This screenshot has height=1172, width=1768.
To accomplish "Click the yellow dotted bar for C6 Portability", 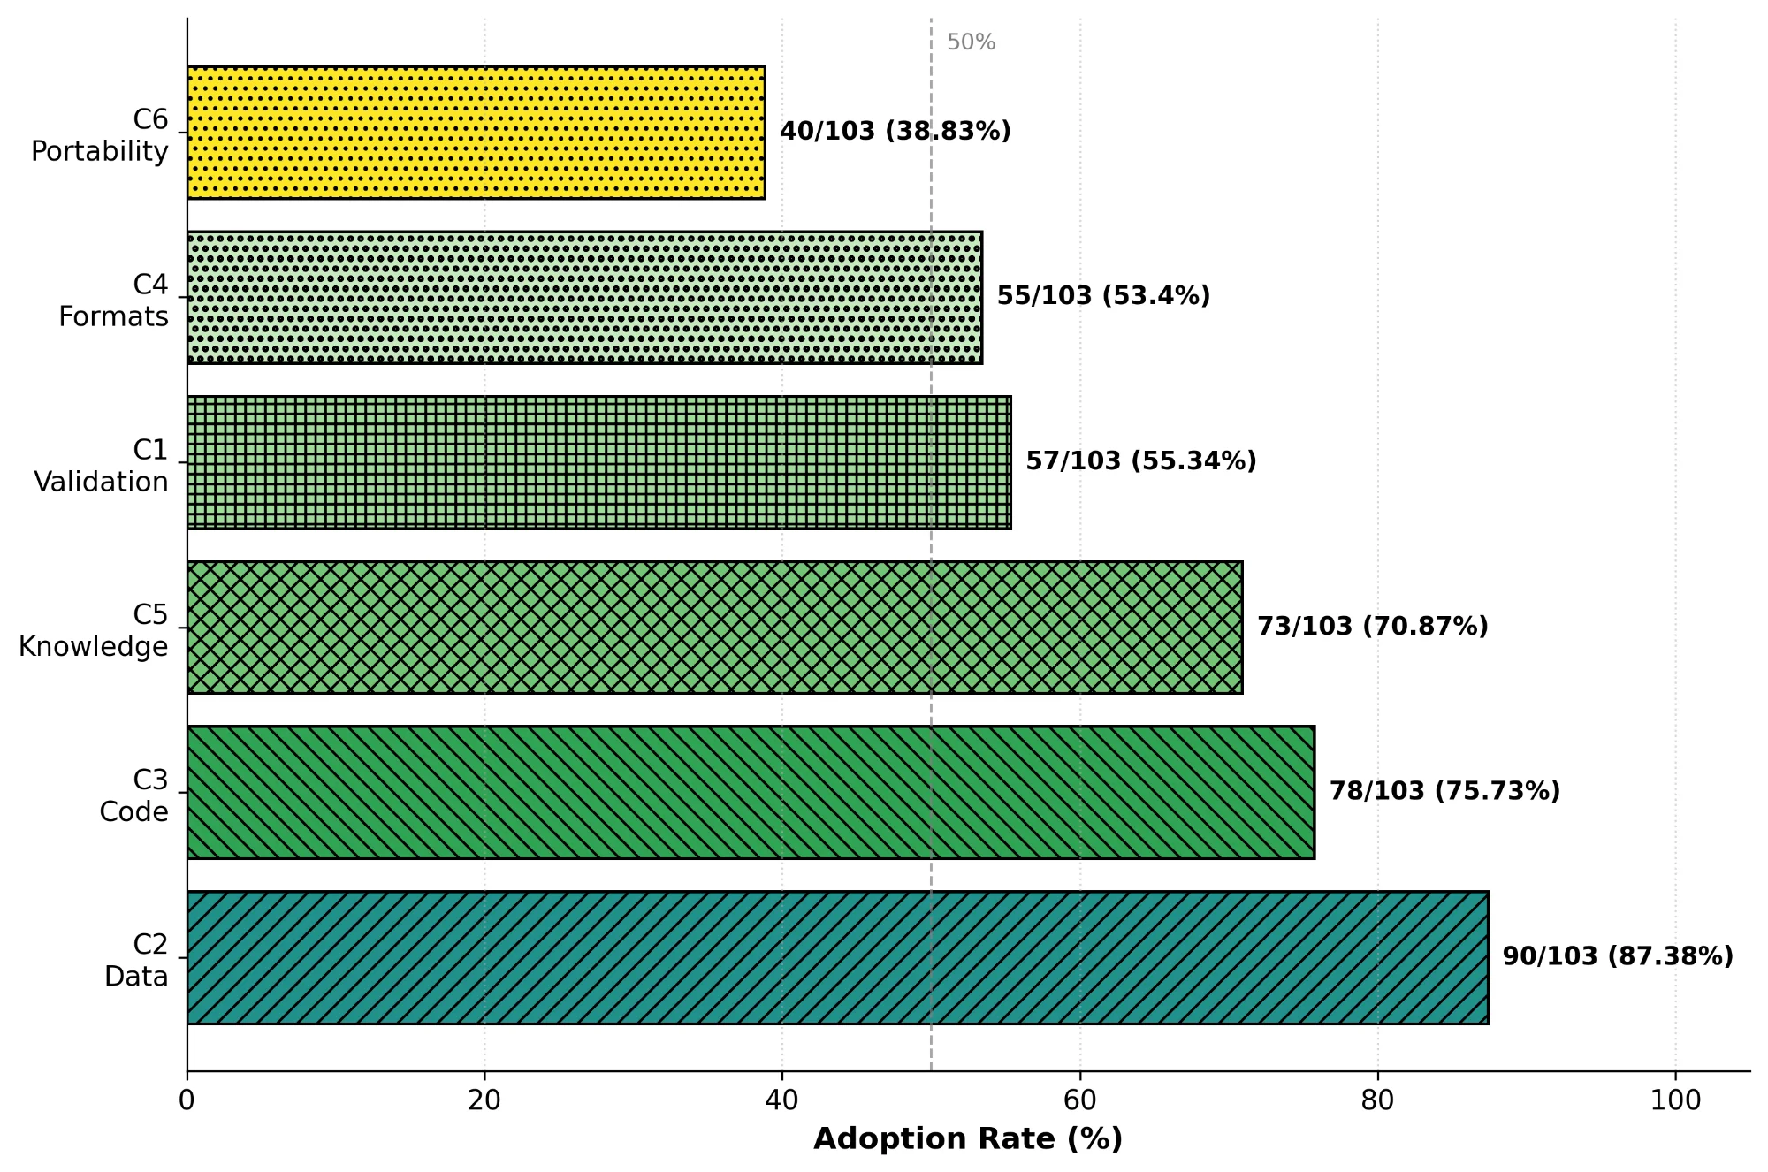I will [476, 133].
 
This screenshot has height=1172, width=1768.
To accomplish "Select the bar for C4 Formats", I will [584, 298].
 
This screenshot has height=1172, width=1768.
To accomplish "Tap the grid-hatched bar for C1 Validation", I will [598, 462].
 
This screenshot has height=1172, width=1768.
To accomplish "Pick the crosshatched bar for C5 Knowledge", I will [714, 628].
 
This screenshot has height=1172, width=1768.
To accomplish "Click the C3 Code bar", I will [751, 792].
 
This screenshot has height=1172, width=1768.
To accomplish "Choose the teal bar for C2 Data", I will [837, 957].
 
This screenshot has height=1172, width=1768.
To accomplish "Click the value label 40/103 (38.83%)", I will [895, 131].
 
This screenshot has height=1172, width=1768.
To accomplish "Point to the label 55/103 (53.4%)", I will [1103, 296].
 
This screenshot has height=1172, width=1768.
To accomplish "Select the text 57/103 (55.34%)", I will [1140, 460].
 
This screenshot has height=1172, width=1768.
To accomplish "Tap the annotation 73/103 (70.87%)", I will [1373, 626].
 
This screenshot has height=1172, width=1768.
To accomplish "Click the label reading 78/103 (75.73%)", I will [1444, 791].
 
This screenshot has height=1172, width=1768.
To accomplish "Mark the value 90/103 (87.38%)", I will [1618, 956].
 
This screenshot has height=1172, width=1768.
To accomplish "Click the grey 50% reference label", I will [971, 42].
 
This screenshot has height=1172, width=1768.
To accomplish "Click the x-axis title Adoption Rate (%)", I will [968, 1138].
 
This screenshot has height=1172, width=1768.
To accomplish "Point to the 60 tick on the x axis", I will [1079, 1101].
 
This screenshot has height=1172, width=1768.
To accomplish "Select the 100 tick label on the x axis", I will [1675, 1101].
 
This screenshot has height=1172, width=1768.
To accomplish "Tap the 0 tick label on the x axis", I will [187, 1101].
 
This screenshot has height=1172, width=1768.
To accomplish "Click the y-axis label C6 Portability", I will [99, 135].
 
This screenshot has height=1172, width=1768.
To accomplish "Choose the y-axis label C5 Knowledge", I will [94, 630].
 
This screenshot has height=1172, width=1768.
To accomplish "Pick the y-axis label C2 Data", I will [136, 960].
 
